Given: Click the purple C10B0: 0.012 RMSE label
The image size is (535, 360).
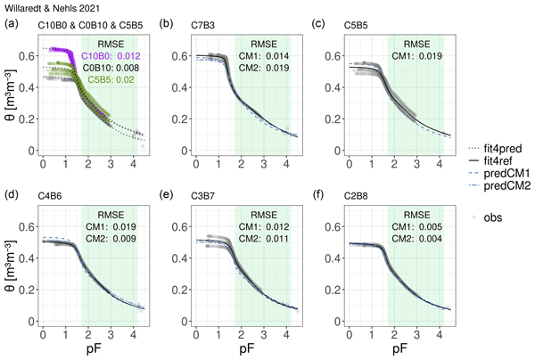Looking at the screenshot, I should click(x=110, y=55).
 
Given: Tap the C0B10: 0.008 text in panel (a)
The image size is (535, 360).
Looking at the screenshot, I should click(x=110, y=67).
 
